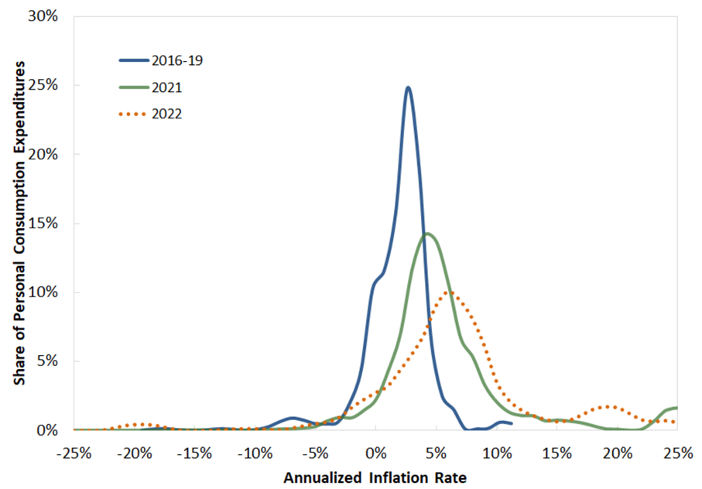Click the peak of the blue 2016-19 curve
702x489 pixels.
408,87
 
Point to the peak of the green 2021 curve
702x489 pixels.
426,234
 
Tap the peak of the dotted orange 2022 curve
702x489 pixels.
449,292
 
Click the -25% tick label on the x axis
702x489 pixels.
74,451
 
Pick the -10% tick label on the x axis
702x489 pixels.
255,451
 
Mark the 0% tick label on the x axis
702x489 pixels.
376,451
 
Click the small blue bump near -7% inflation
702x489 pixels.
292,418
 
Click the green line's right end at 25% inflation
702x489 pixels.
676,408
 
